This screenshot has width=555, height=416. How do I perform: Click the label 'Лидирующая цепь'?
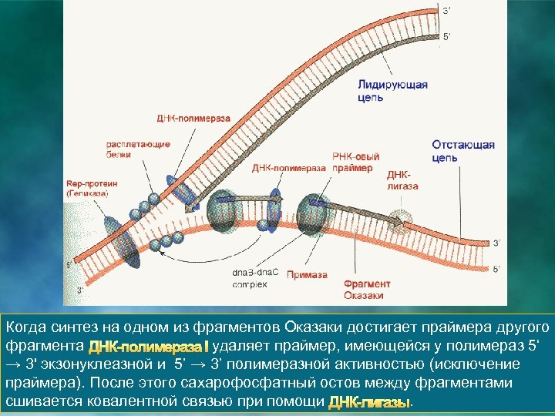point(392,91)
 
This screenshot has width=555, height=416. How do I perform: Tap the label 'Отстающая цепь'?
point(462,151)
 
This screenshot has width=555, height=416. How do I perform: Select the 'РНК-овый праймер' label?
point(353,162)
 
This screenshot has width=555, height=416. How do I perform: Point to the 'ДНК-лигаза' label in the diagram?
point(402,180)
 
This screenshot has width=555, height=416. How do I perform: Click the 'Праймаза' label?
point(307,275)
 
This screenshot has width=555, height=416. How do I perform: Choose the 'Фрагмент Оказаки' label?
point(367,290)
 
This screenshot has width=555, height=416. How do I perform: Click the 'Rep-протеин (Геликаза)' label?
point(88,190)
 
